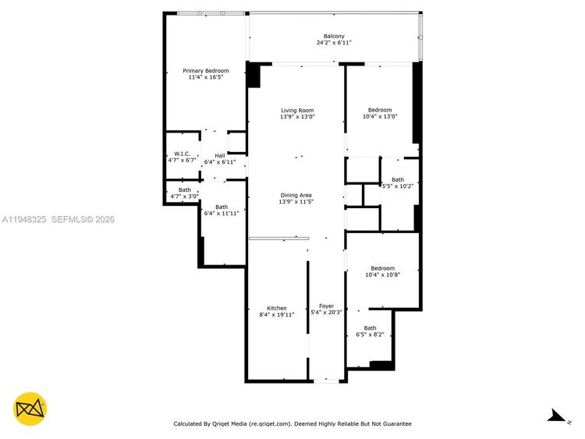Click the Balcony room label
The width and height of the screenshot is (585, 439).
(334, 36)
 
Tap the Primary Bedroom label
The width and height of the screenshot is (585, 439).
(206, 71)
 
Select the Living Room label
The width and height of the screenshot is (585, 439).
(297, 111)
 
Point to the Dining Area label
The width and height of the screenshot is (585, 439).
(296, 195)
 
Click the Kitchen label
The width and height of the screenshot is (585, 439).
(277, 308)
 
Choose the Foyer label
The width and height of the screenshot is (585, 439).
(327, 306)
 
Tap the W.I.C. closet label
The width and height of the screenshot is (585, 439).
(182, 154)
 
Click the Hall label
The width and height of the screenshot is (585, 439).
(220, 155)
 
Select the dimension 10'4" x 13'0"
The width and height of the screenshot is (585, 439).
(380, 116)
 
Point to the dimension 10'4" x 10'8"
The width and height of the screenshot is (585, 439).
(382, 274)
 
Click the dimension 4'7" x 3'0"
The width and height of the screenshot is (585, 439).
(185, 196)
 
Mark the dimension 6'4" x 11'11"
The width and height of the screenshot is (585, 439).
(222, 214)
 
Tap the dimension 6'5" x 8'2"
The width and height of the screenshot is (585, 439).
(370, 335)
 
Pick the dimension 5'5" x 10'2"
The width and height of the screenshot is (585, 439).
(398, 186)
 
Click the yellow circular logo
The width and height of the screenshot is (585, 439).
(30, 409)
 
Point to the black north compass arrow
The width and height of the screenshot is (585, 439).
(557, 416)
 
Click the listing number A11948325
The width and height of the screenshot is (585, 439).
(24, 219)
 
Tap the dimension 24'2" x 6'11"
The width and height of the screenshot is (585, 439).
(334, 43)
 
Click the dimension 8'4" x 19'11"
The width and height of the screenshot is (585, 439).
(277, 314)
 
